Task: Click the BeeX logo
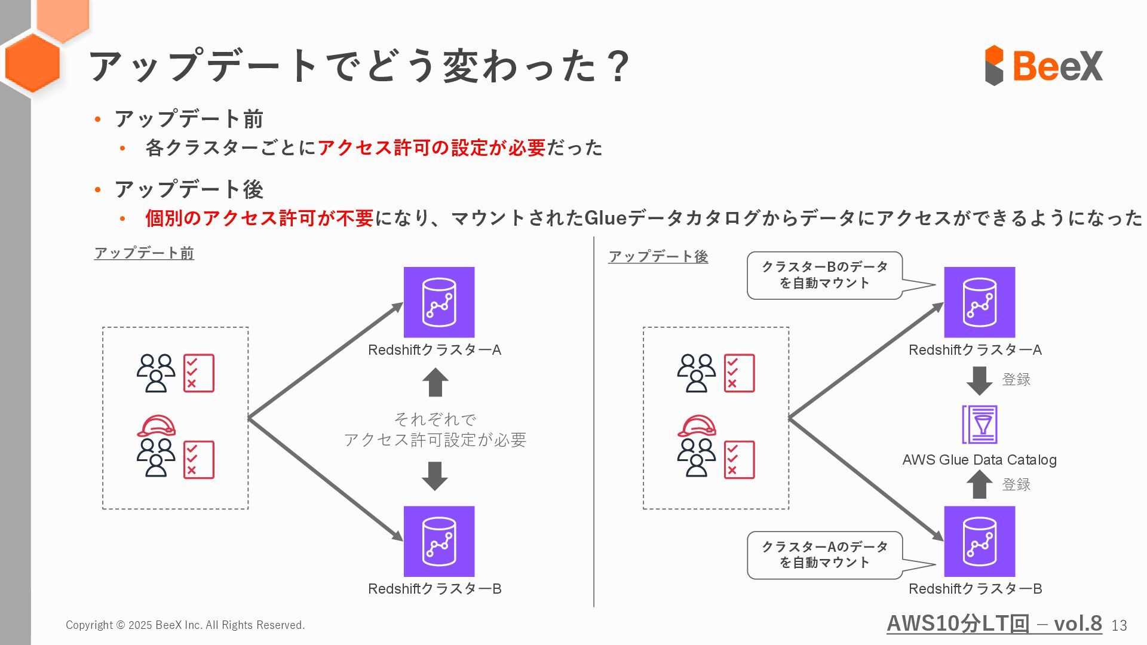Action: pyautogui.click(x=1043, y=65)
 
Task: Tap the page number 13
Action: pyautogui.click(x=1119, y=625)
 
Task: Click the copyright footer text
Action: pyautogui.click(x=185, y=625)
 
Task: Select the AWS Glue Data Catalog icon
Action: pyautogui.click(x=979, y=424)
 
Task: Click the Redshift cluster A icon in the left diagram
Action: pyautogui.click(x=439, y=302)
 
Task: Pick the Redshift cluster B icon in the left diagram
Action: pyautogui.click(x=439, y=541)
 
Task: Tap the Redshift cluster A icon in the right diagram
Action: pyautogui.click(x=979, y=302)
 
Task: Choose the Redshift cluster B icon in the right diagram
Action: pyautogui.click(x=979, y=541)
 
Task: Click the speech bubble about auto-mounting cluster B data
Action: pyautogui.click(x=824, y=275)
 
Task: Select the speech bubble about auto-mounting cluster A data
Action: pyautogui.click(x=824, y=555)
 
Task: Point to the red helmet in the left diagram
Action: pyautogui.click(x=157, y=426)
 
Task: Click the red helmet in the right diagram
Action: pyautogui.click(x=697, y=426)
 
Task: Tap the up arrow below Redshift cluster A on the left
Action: pyautogui.click(x=435, y=382)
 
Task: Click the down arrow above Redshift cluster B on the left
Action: pyautogui.click(x=435, y=475)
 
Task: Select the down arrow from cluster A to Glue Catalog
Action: pyautogui.click(x=979, y=380)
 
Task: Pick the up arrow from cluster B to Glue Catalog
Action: pyautogui.click(x=979, y=484)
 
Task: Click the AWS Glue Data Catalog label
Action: pyautogui.click(x=979, y=460)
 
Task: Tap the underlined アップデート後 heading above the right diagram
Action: pyautogui.click(x=658, y=257)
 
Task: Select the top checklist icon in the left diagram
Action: pyautogui.click(x=199, y=373)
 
